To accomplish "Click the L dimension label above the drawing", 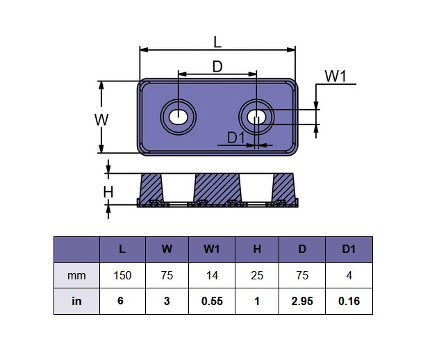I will (217, 42).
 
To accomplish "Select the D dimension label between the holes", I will (217, 67).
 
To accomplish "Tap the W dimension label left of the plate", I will (101, 119).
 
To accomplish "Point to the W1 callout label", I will (335, 76).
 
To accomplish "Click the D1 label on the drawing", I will (236, 138).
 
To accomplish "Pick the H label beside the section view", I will (108, 193).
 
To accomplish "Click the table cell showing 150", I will (122, 276).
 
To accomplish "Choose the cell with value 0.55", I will (212, 302).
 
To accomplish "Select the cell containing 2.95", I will (302, 302).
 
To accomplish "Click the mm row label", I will (76, 276).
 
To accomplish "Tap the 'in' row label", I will (76, 302).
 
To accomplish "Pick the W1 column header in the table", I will (212, 249).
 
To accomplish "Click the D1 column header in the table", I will (349, 249).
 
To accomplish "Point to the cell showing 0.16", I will (349, 302).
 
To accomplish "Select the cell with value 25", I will (257, 276).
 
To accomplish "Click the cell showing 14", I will (212, 276).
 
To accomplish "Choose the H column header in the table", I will (257, 249).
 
